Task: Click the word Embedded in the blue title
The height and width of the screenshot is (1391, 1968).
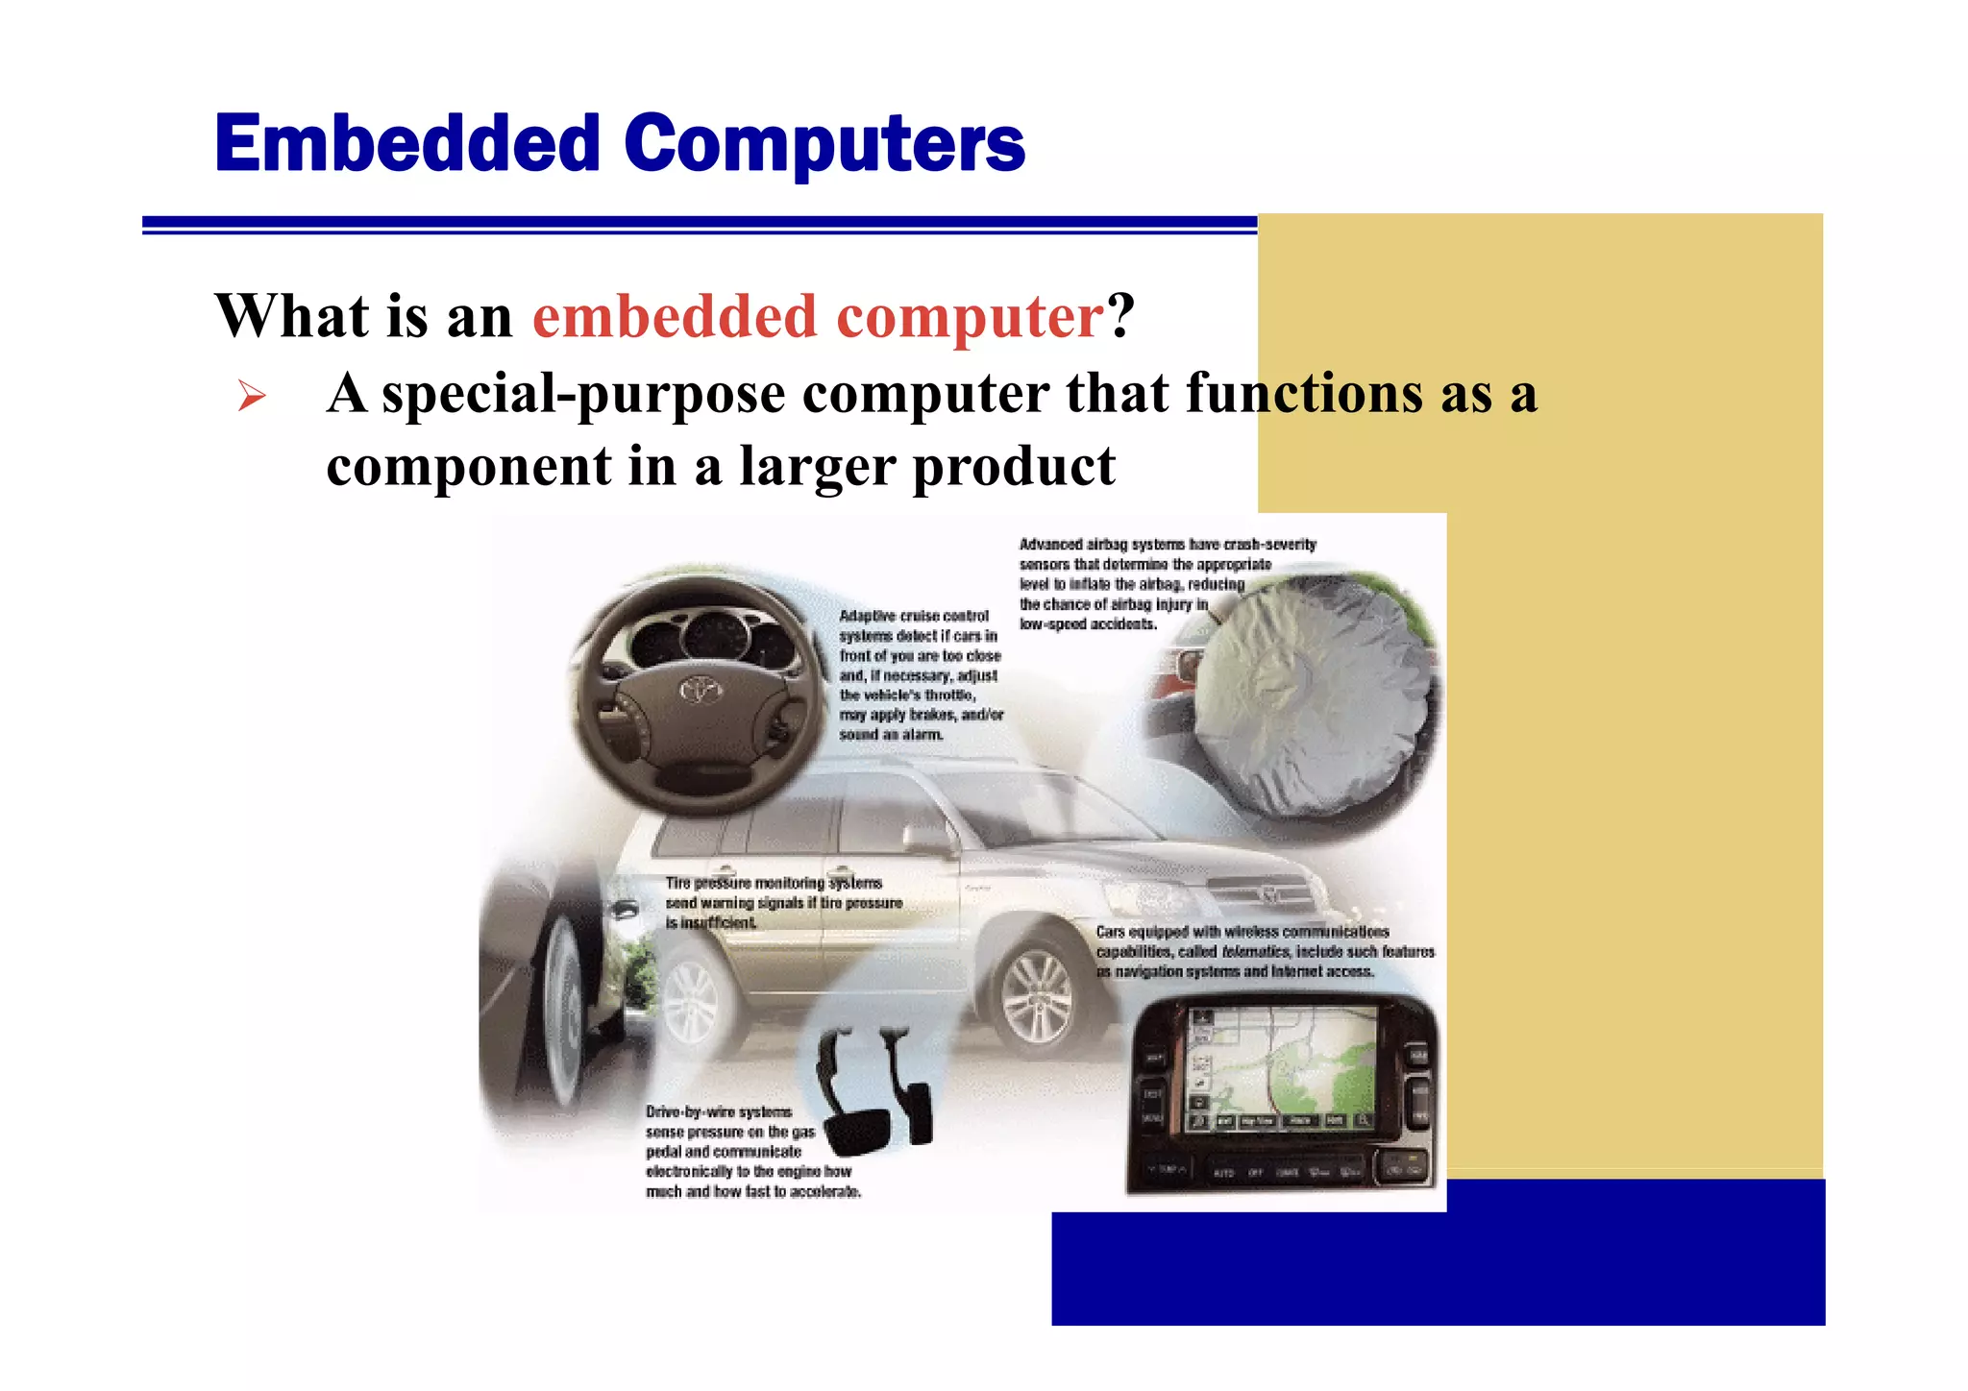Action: pyautogui.click(x=407, y=144)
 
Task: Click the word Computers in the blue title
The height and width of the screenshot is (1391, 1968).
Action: pyautogui.click(x=824, y=144)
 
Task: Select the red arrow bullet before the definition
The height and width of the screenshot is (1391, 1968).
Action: pyautogui.click(x=252, y=396)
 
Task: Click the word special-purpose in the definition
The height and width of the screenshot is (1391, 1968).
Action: pyautogui.click(x=583, y=395)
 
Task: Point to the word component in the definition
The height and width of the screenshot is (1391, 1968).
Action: pyautogui.click(x=468, y=467)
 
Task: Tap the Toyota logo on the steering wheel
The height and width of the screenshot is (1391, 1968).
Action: pyautogui.click(x=701, y=689)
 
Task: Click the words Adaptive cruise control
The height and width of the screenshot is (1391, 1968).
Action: pyautogui.click(x=913, y=616)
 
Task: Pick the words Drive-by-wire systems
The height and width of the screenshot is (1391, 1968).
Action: pyautogui.click(x=718, y=1111)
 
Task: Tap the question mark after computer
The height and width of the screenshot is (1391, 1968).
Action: pyautogui.click(x=1120, y=317)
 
